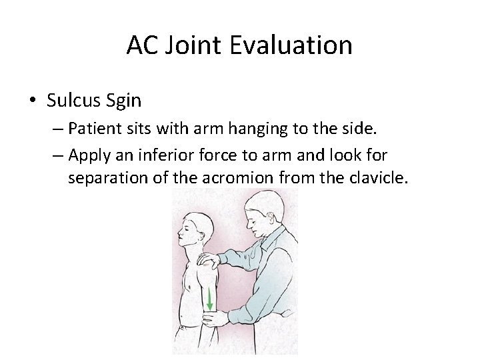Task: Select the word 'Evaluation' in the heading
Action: [x=295, y=45]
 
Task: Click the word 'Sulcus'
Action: [x=73, y=101]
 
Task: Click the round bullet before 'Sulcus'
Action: [x=33, y=101]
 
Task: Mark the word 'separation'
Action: [x=105, y=178]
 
